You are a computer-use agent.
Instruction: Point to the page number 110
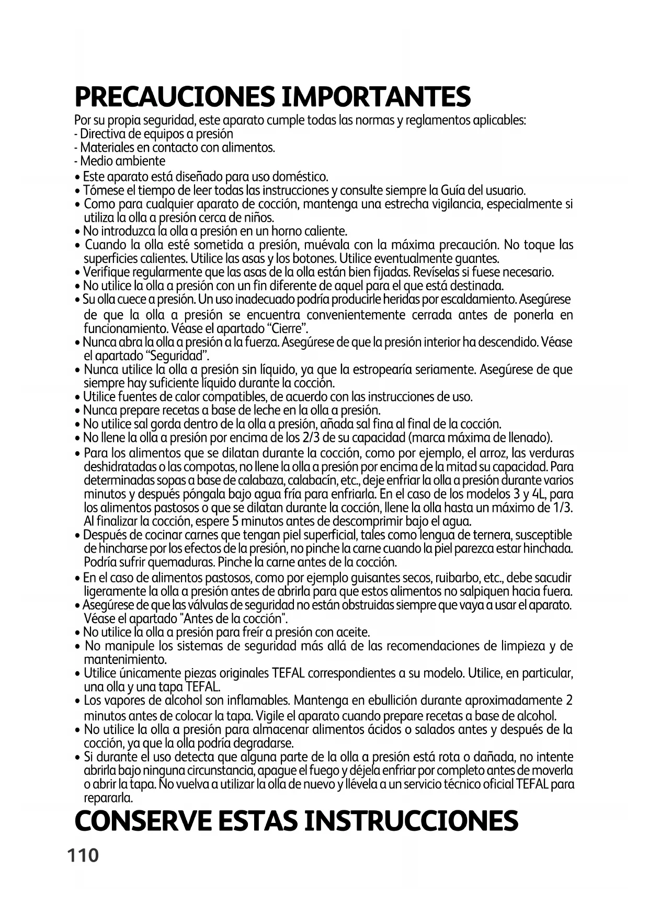pos(83,856)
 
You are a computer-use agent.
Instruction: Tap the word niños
pos(259,217)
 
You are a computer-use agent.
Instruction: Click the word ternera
pos(500,535)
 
